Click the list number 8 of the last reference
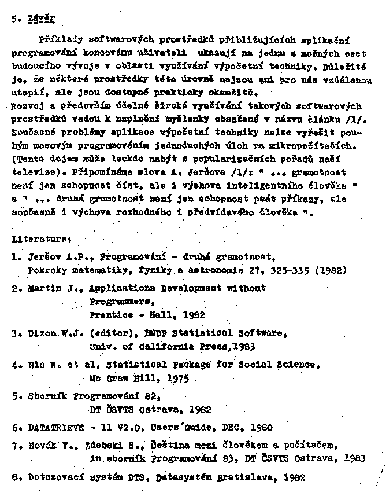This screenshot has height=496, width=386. tap(15, 477)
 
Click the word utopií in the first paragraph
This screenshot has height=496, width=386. tap(27, 93)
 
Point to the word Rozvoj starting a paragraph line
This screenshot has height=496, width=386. tap(27, 106)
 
